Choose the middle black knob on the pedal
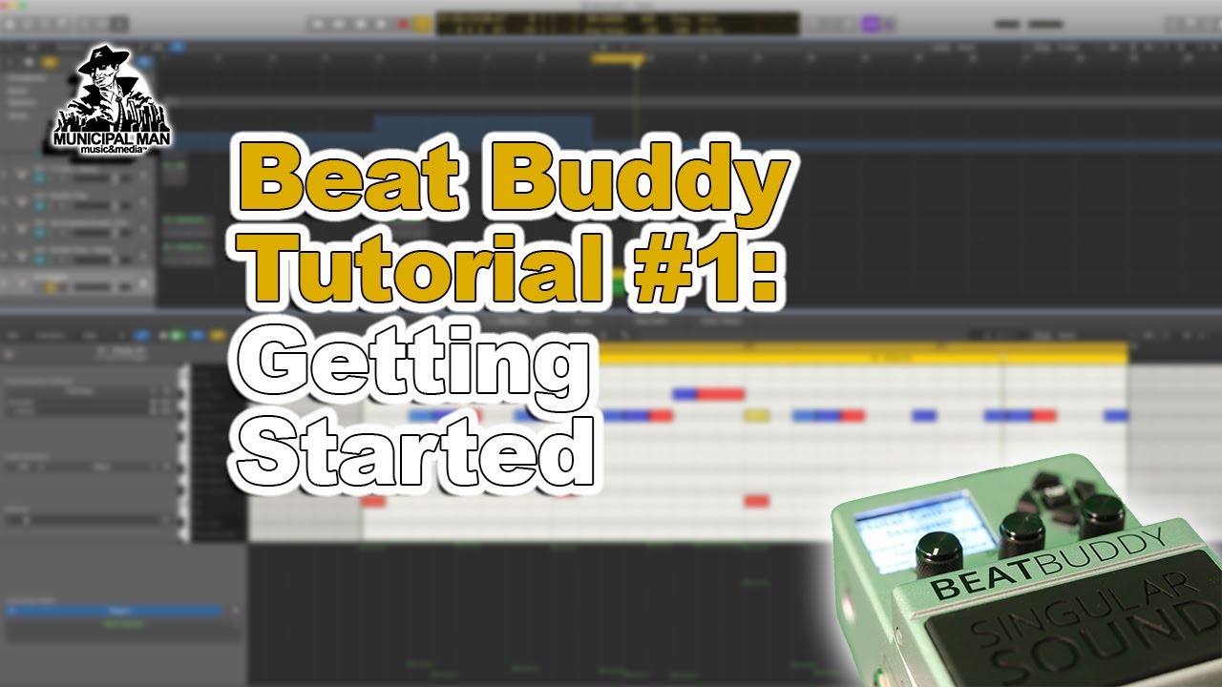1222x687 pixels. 1021,531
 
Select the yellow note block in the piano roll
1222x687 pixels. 756,415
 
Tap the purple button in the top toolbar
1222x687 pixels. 870,24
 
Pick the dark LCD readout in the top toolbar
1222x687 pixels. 617,24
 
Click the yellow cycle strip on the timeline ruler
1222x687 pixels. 618,59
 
